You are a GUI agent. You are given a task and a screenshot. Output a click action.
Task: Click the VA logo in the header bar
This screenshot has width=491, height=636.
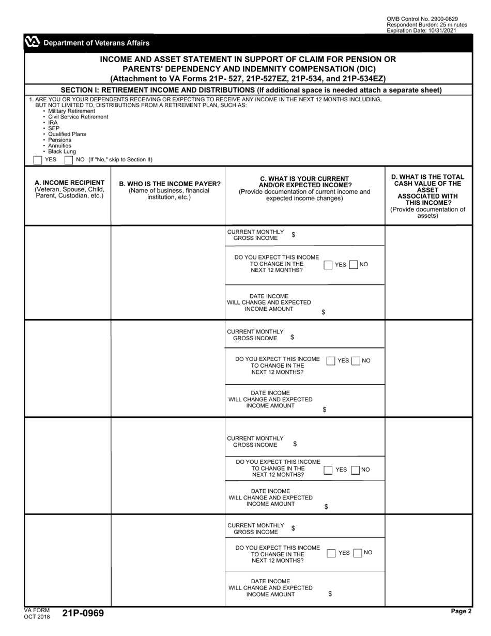tap(32, 43)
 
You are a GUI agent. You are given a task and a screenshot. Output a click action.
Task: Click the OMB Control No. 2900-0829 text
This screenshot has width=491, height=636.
tap(422, 19)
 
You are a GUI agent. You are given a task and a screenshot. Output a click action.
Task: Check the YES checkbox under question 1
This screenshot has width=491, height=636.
tap(38, 160)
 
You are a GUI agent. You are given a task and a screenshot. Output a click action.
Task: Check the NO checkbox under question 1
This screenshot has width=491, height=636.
tap(69, 160)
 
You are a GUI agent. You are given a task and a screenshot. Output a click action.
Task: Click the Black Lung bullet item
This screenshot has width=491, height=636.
tap(62, 152)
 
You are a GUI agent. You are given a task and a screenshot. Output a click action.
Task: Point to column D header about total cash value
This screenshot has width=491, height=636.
tap(428, 196)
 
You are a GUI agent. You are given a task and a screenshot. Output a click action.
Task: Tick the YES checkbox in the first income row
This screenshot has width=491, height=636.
tap(328, 265)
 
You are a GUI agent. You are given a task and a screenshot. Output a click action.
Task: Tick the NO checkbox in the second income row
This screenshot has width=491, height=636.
tap(356, 361)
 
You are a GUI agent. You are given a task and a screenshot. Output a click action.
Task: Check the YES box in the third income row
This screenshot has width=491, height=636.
tap(328, 470)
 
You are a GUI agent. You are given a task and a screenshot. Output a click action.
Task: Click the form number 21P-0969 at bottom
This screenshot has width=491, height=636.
tap(83, 613)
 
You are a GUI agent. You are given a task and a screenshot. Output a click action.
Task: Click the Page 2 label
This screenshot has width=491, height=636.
tap(461, 611)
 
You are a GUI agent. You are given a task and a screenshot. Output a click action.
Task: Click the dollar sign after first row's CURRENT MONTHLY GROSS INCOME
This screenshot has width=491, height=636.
tap(294, 235)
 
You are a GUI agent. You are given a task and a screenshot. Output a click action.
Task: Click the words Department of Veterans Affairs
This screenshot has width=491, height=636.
tap(96, 43)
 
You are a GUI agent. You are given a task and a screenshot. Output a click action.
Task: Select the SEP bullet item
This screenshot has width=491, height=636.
tap(54, 128)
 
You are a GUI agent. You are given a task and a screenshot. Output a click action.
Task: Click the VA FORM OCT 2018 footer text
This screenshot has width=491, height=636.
tap(37, 613)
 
